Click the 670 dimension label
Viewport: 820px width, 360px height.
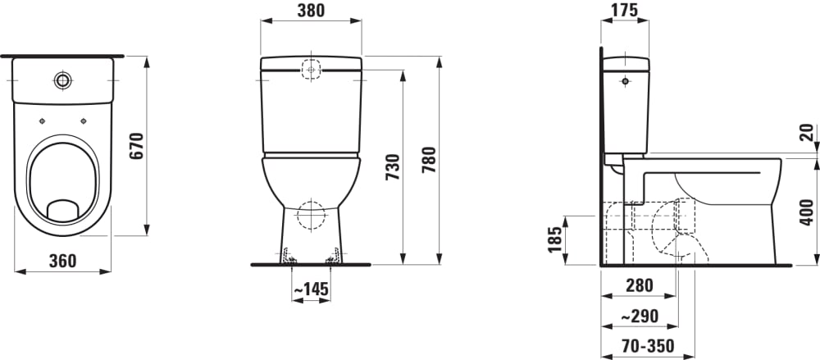tap(136, 147)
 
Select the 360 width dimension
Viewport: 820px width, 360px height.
tap(63, 261)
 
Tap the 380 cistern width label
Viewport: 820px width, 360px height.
tap(311, 11)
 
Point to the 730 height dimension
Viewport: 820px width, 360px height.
tap(393, 167)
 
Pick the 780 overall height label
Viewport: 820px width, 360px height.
tap(429, 161)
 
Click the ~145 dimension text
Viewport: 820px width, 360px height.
tap(311, 289)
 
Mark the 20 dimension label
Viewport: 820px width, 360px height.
tap(808, 132)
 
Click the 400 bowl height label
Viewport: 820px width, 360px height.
tap(808, 212)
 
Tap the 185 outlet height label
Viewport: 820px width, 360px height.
tap(555, 239)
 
